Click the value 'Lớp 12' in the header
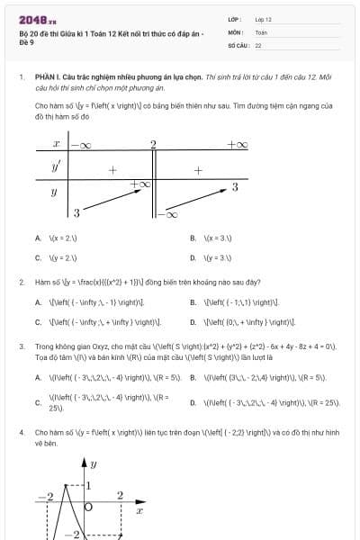pos(264,19)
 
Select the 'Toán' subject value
pos(261,31)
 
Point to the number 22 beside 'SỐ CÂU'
pos(258,44)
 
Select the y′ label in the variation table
pos(56,167)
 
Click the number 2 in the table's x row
pos(153,144)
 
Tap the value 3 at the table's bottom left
pos(76,212)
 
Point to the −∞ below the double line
pos(167,214)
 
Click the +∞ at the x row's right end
pos(237,144)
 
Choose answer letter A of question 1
pos(38,238)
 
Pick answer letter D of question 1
pos(193,257)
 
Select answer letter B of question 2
pos(193,302)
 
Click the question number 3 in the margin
pos(21,346)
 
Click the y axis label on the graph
pos(94,464)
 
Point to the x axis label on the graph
pos(139,510)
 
